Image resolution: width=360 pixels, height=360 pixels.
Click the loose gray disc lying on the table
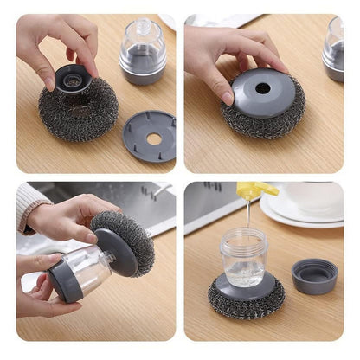coord(149,134)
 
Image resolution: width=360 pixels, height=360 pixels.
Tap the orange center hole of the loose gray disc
coord(152,138)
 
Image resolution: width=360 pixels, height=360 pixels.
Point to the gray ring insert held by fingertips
coord(73,79)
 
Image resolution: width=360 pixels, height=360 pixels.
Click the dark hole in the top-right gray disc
coord(261,88)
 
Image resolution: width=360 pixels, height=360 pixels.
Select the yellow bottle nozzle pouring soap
coord(256,190)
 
